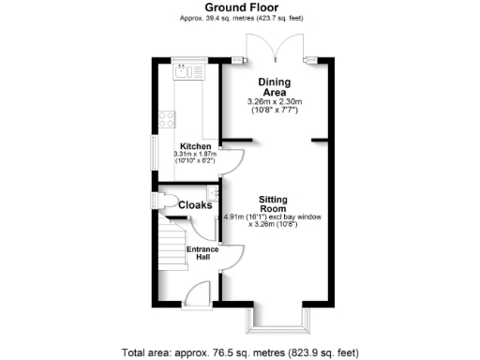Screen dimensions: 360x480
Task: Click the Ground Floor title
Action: [x=239, y=7]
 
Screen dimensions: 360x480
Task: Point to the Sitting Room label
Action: [x=271, y=205]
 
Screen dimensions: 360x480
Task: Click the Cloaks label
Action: [x=195, y=204]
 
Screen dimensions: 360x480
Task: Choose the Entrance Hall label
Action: [x=202, y=253]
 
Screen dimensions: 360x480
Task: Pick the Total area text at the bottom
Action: [x=239, y=352]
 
